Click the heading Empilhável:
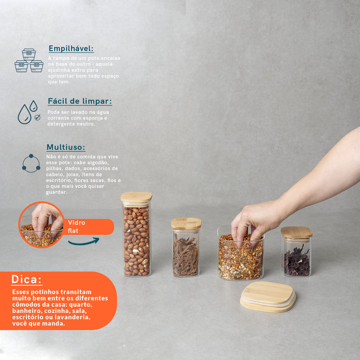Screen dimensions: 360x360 coord(71,49)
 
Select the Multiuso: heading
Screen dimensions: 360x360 coord(66,147)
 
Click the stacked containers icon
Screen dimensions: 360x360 coord(29,60)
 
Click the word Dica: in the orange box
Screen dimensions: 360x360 coord(27,279)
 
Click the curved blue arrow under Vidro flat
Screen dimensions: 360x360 coord(84,242)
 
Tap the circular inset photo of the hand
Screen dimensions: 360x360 coord(41,225)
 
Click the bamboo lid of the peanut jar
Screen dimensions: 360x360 coord(136,198)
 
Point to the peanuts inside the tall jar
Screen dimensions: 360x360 coord(137,241)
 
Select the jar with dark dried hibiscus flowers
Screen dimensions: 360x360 coord(296,252)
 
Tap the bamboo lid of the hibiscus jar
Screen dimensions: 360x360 coord(297,233)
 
